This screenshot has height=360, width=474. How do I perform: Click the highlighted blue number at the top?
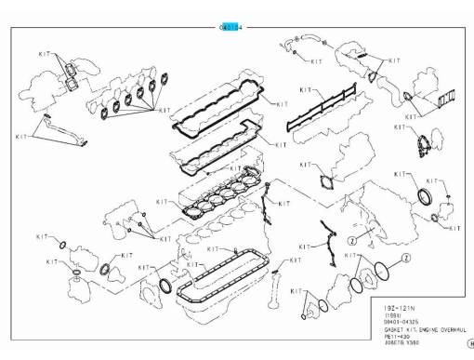click(x=230, y=28)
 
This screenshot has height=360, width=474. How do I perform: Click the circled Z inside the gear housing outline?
click(x=352, y=239)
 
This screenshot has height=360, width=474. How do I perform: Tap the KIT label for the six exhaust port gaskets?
click(x=165, y=110)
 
